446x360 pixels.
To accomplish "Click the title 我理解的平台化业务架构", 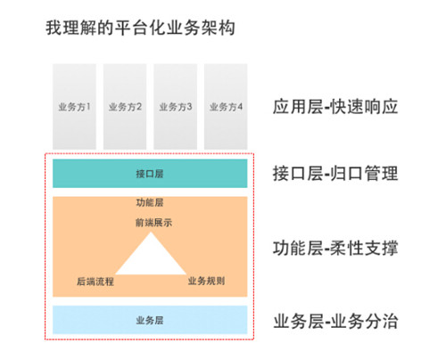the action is (x=140, y=28).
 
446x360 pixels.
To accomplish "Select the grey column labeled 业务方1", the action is (x=74, y=107).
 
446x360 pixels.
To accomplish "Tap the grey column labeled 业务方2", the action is (x=125, y=107).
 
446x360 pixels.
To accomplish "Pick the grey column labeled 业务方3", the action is (x=175, y=107).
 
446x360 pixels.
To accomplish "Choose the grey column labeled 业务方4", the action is (x=226, y=107).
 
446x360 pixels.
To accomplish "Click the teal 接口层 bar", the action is (x=150, y=174).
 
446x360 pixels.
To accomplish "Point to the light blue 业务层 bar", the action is (x=150, y=320).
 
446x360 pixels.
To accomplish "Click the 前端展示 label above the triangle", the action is (x=153, y=222).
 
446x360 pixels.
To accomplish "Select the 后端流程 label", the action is (x=95, y=281).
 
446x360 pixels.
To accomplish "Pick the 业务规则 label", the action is (x=206, y=281).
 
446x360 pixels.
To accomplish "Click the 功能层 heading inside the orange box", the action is (x=150, y=202).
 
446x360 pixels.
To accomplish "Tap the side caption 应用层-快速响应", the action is (x=335, y=107).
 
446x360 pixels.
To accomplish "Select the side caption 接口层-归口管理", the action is (x=335, y=174).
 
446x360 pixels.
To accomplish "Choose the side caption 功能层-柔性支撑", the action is (x=335, y=248).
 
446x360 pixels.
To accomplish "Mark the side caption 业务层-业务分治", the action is (x=335, y=322).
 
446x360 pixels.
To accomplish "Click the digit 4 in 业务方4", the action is (x=240, y=107).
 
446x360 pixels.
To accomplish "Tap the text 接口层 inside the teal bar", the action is (x=150, y=174).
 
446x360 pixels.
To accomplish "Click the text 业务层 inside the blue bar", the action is (x=150, y=320).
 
